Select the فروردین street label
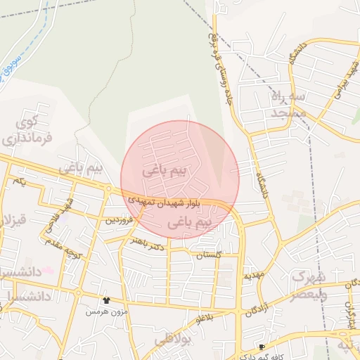click(119, 220)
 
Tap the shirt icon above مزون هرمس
click(106, 300)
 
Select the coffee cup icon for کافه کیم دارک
click(262, 347)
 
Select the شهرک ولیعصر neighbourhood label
click(310, 285)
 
